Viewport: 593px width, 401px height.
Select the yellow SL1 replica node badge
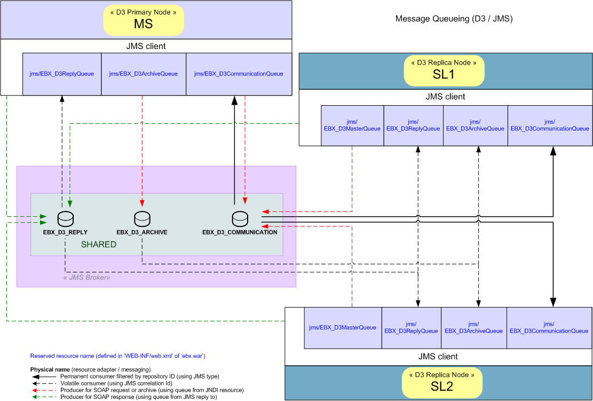tap(444, 70)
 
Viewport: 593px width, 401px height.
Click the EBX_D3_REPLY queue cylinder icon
tap(65, 218)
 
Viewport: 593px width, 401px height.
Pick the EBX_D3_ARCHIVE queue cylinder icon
tap(142, 218)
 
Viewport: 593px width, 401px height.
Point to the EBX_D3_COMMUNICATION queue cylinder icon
tap(240, 218)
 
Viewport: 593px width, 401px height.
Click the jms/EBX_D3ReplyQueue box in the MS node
tap(61, 74)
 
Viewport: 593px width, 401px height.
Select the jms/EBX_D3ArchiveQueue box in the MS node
tap(143, 74)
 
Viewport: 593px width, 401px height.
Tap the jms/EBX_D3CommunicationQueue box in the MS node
tap(239, 74)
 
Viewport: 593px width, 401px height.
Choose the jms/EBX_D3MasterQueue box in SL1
tap(352, 125)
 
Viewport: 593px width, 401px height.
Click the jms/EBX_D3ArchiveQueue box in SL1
tap(475, 125)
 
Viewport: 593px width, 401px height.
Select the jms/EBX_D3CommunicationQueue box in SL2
tap(549, 328)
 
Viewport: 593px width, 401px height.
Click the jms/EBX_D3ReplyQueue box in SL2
tap(411, 328)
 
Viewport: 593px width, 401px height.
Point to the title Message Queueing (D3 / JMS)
tap(454, 19)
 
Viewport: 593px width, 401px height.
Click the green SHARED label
tap(98, 245)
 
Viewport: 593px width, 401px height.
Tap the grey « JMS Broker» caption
tap(83, 278)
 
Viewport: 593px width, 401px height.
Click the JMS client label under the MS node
tap(146, 46)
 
